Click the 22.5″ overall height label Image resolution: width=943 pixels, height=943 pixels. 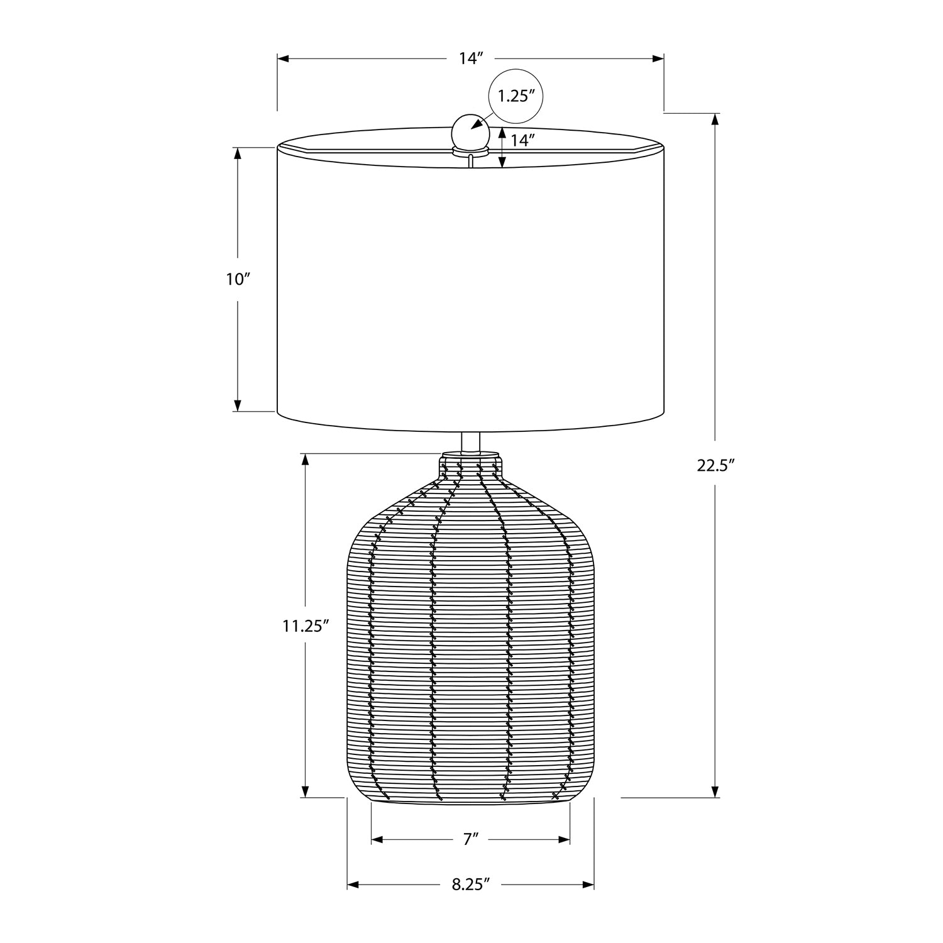click(715, 465)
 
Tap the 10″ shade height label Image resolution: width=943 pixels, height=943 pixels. click(238, 279)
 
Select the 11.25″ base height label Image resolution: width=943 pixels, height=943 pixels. click(306, 626)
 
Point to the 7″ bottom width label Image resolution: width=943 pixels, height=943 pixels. click(471, 839)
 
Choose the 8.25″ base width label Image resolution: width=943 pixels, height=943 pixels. click(470, 885)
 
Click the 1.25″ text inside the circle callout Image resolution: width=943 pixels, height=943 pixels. click(516, 96)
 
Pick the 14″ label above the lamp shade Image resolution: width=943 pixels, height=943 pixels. click(470, 58)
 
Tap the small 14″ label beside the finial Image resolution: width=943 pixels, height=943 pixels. click(522, 140)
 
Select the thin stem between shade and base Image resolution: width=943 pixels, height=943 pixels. click(470, 441)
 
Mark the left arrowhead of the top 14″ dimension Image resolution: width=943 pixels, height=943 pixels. click(284, 58)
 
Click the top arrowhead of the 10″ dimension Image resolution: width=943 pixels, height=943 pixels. click(238, 153)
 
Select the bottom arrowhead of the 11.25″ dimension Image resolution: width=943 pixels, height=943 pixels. click(306, 791)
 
